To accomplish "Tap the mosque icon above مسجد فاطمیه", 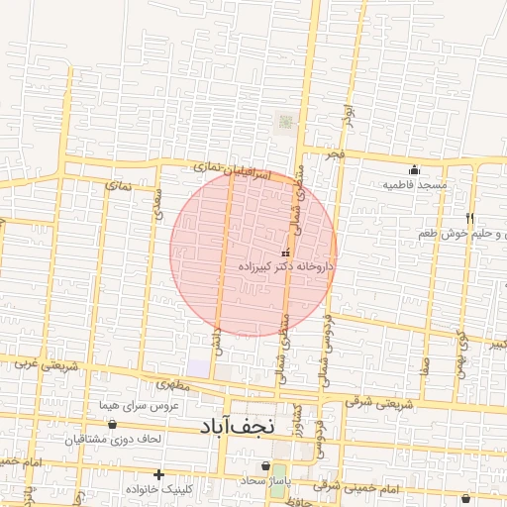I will (x=414, y=170).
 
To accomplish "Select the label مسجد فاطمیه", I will (x=417, y=185).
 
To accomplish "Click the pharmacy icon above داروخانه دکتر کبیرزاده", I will (x=286, y=253).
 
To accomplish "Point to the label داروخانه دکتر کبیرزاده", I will (x=286, y=267).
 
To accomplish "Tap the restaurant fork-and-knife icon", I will (x=470, y=218).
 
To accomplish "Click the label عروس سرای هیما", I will (x=137, y=406).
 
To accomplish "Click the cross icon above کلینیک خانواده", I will (x=158, y=475).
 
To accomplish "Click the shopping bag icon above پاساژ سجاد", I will (x=264, y=465).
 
